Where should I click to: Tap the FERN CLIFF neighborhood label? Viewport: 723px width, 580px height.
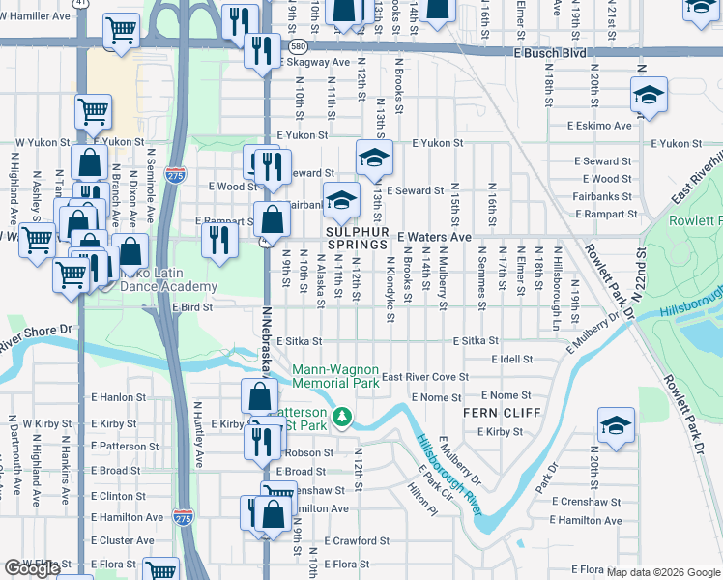493,413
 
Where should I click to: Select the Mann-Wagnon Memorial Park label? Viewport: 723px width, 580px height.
335,376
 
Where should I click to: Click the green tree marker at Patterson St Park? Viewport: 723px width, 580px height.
340,418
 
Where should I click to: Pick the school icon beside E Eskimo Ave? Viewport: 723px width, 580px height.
649,96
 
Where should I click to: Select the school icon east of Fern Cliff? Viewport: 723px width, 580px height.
615,427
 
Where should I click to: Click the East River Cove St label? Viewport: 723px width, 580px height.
424,377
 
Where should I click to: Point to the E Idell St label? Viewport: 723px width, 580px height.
511,360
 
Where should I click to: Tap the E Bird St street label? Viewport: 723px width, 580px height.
191,306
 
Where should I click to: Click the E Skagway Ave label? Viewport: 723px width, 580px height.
314,62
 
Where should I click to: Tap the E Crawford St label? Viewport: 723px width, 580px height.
356,541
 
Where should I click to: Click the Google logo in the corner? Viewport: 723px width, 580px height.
32,568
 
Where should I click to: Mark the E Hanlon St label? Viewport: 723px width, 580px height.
118,396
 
